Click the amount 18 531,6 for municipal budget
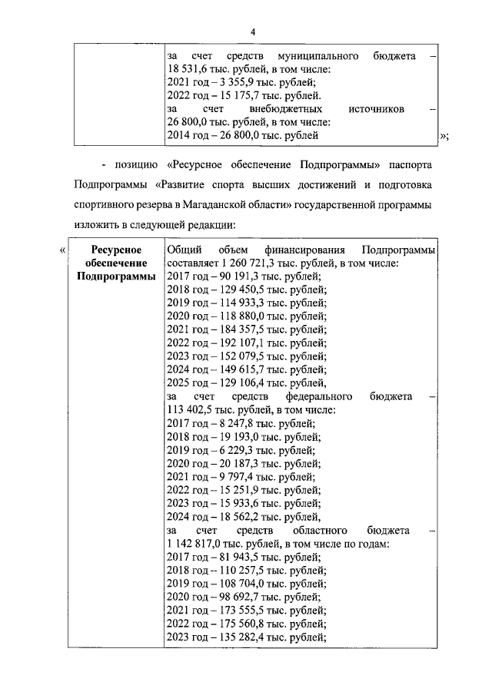[x=188, y=71]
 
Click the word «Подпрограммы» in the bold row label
[x=115, y=276]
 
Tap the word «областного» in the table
[x=320, y=531]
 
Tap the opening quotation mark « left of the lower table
[x=62, y=250]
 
